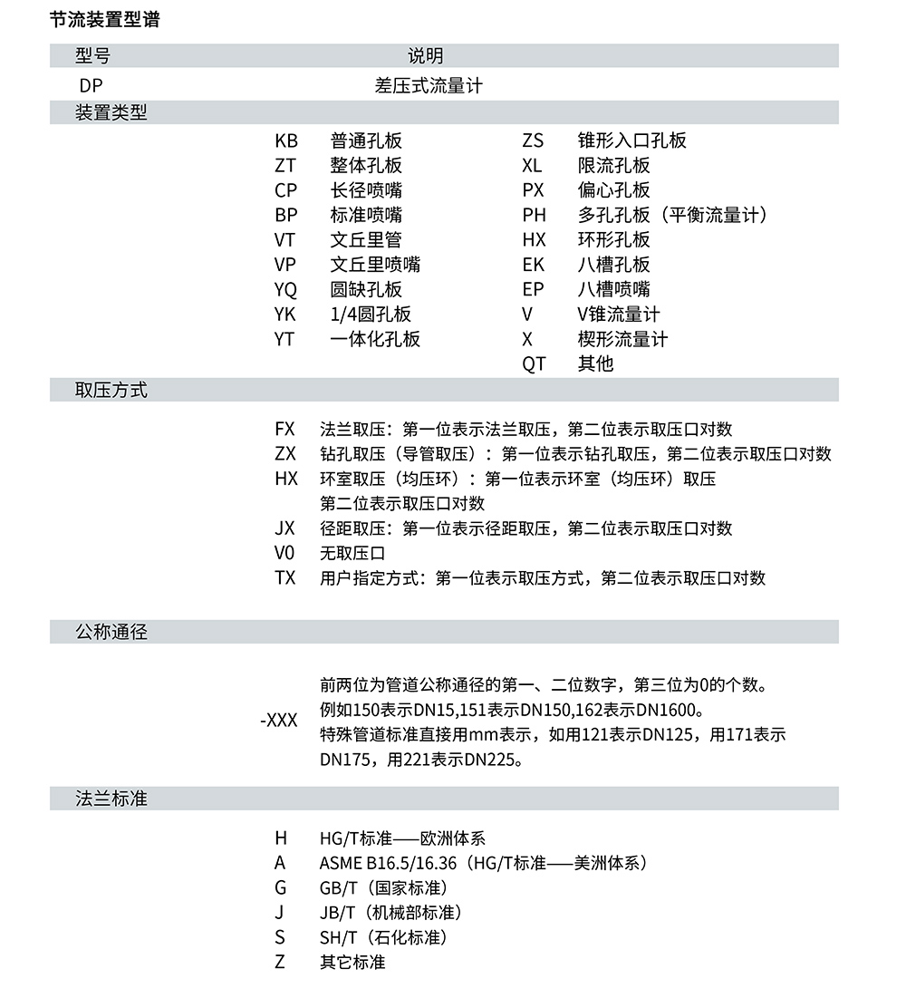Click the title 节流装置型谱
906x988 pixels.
point(104,19)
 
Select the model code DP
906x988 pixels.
point(91,86)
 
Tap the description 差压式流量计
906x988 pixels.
point(428,86)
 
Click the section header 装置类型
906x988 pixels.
point(111,112)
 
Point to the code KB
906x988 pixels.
point(285,140)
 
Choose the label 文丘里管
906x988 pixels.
point(366,240)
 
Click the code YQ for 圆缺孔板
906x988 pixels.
point(285,290)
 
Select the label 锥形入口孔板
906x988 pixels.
point(631,140)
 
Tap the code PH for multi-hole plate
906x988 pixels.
point(534,216)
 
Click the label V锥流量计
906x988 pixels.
point(619,315)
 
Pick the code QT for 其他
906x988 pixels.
point(534,364)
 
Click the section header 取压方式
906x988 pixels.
point(111,391)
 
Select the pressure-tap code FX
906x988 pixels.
point(284,429)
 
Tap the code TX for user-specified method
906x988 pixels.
point(284,577)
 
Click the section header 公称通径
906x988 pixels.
point(111,632)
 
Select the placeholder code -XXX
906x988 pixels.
point(278,722)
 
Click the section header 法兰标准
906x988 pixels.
point(111,799)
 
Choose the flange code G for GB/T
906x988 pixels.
point(280,887)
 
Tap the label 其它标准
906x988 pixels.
point(352,962)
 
